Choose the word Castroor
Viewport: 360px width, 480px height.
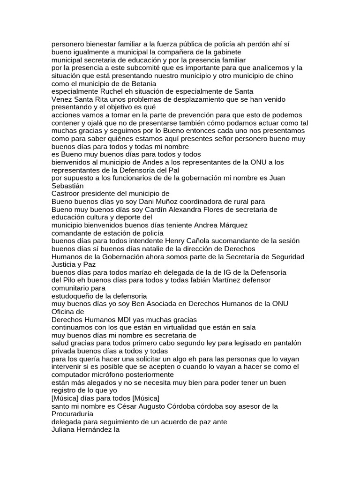click(x=66, y=194)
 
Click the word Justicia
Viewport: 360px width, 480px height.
click(x=65, y=264)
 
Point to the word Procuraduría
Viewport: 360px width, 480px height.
click(x=72, y=414)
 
